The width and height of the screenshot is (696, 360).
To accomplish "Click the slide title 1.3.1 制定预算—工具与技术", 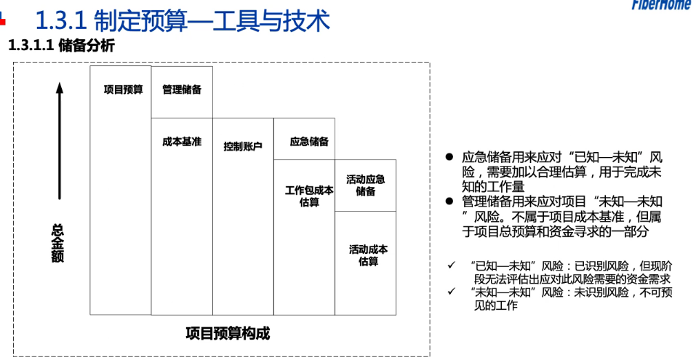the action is click(x=183, y=21).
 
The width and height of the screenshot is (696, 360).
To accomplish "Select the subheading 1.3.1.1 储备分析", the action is click(x=61, y=46).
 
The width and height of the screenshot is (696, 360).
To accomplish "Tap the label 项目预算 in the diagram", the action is click(x=124, y=89).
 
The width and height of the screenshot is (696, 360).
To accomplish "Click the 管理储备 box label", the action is click(x=182, y=89).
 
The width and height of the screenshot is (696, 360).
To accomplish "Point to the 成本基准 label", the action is click(x=182, y=142).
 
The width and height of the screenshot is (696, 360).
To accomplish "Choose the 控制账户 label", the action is click(x=243, y=146).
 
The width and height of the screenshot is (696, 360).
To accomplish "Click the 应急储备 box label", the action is click(x=309, y=142).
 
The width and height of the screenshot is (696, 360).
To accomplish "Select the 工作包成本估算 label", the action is click(x=309, y=196).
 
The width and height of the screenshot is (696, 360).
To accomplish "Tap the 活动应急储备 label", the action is click(x=366, y=185).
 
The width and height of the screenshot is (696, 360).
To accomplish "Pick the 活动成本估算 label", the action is click(x=369, y=255).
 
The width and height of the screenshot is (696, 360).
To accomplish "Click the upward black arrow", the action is click(x=60, y=140).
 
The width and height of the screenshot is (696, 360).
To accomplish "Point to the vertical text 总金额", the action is click(x=57, y=243).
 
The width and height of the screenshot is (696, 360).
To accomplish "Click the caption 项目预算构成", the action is click(x=228, y=333).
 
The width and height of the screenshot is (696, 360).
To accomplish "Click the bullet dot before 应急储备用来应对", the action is click(x=449, y=156).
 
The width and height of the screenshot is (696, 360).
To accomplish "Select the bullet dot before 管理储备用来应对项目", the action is click(x=449, y=201).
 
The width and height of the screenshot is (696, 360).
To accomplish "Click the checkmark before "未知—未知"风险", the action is click(x=452, y=292).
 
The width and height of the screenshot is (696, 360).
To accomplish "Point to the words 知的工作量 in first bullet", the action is click(x=493, y=187).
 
